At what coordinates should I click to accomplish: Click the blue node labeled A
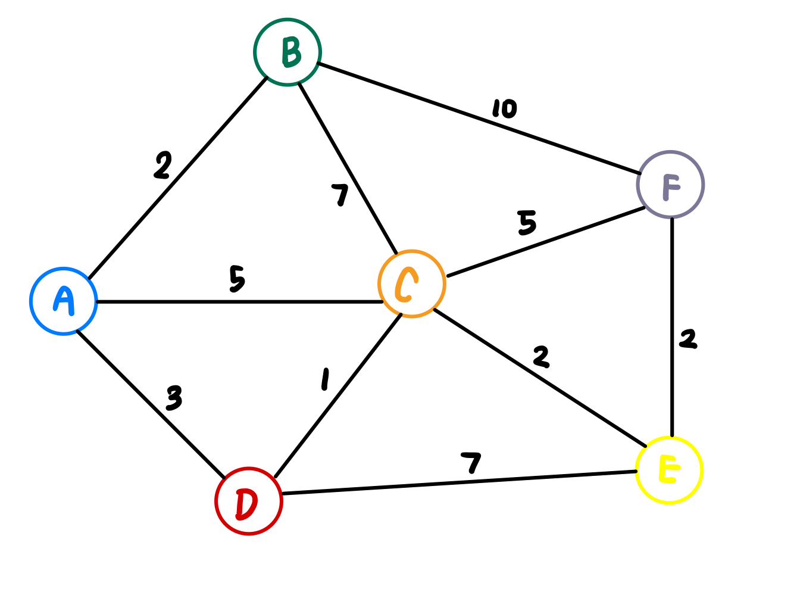[64, 301]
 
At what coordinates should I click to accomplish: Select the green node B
[287, 52]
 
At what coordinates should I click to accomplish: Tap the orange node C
[411, 284]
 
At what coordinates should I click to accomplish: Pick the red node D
[249, 501]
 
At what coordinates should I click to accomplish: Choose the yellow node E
[670, 471]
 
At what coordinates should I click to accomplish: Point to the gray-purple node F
[671, 185]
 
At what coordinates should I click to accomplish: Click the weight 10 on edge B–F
[505, 108]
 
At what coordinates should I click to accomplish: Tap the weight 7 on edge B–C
[340, 195]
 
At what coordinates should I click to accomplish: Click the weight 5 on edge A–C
[237, 279]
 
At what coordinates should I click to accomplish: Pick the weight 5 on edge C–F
[527, 223]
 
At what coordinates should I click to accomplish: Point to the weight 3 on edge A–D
[174, 398]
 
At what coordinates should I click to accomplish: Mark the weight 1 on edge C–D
[325, 379]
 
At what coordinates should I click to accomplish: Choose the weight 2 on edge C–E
[541, 356]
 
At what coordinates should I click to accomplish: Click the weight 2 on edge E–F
[688, 339]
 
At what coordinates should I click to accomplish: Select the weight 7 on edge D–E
[471, 462]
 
